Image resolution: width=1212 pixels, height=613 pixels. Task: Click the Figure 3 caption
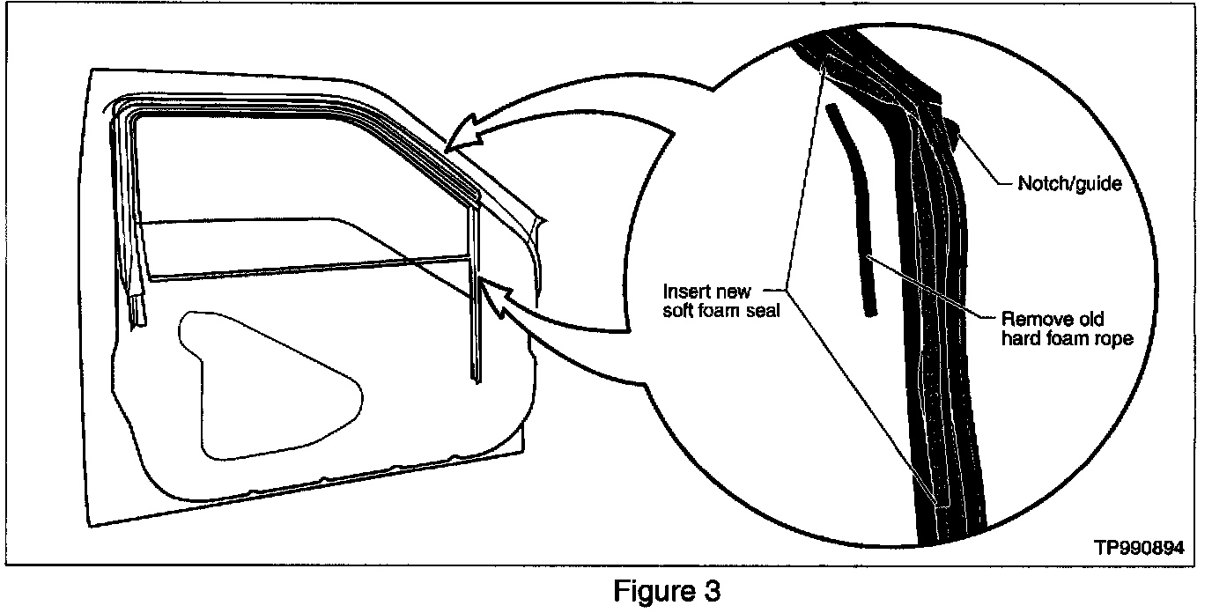[666, 591]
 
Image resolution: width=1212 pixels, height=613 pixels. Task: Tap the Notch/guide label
[1068, 184]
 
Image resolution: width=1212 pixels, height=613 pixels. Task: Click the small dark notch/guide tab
[954, 133]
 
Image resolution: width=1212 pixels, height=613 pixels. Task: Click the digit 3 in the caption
[712, 591]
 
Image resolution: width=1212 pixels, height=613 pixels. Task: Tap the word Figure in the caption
[653, 591]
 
